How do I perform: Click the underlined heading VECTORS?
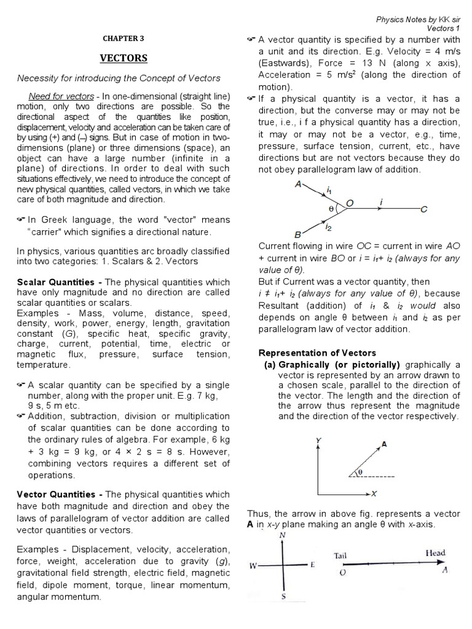pyautogui.click(x=124, y=58)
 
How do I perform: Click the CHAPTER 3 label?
pyautogui.click(x=124, y=38)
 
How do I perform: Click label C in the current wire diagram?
pyautogui.click(x=423, y=210)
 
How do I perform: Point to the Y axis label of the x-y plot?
pyautogui.click(x=317, y=440)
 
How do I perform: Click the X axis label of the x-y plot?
pyautogui.click(x=374, y=493)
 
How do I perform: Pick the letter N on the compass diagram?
pyautogui.click(x=282, y=535)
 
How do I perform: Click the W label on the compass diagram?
pyautogui.click(x=253, y=566)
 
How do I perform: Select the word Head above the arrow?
pyautogui.click(x=435, y=553)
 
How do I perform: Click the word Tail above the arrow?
pyautogui.click(x=340, y=555)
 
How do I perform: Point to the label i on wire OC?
pyautogui.click(x=382, y=201)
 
